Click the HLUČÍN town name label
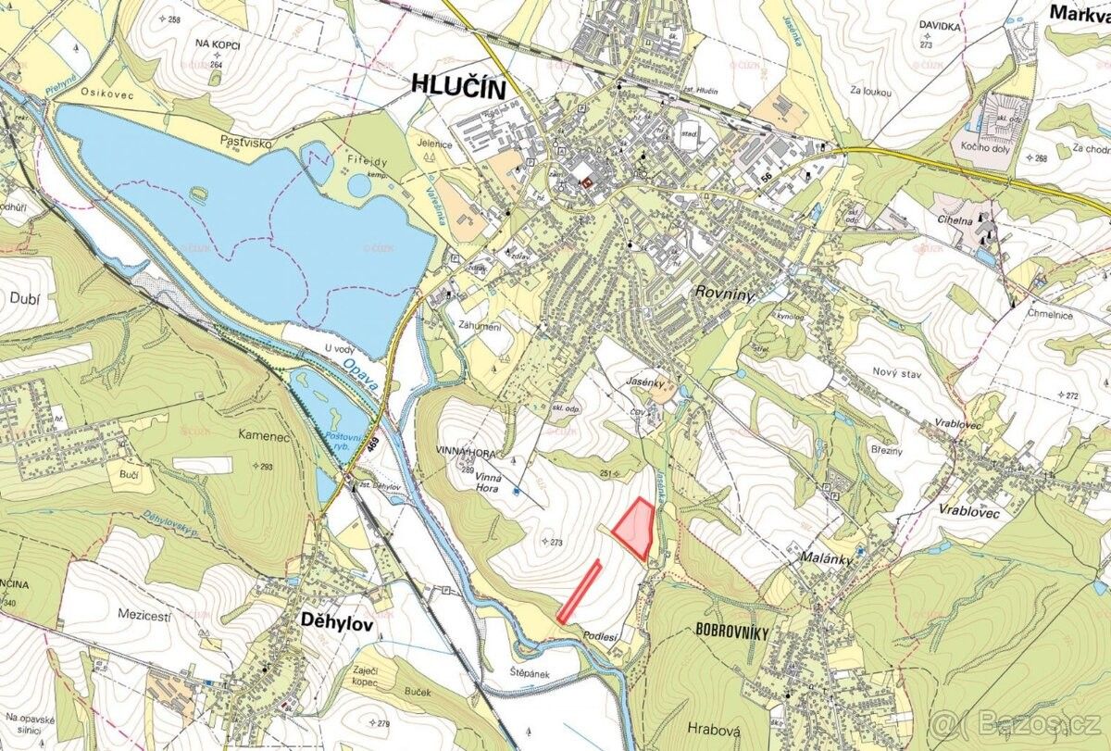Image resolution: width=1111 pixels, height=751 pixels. (460, 89)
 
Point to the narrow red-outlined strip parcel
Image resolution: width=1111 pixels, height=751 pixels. (580, 591)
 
